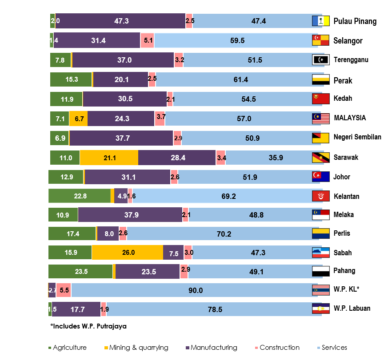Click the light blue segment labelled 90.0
[x=196, y=290]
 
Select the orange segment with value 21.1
[x=109, y=158]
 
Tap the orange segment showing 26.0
[x=128, y=252]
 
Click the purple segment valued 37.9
[x=130, y=215]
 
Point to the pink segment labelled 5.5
[x=64, y=290]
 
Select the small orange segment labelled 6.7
[x=79, y=119]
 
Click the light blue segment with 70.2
[x=223, y=233]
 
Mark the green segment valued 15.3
[x=71, y=79]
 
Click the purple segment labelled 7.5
[x=173, y=252]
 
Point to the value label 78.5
[x=215, y=309]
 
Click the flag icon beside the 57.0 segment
[x=320, y=119]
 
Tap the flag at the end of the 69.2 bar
[x=320, y=196]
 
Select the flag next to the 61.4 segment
[x=320, y=79]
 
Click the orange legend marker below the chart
[x=106, y=348]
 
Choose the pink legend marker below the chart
[x=256, y=348]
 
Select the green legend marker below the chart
[x=50, y=348]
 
